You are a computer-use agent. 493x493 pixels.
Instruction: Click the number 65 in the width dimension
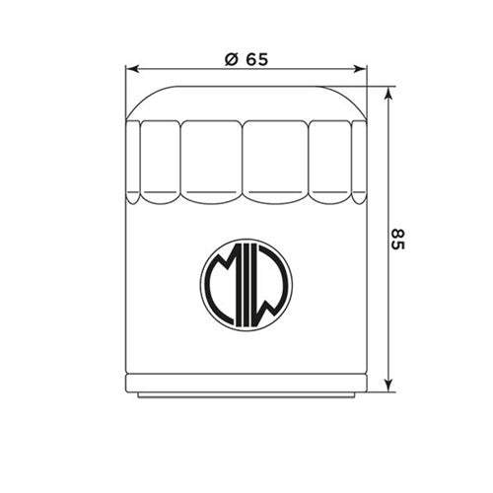point(256,58)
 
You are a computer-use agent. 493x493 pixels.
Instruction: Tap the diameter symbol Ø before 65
point(230,58)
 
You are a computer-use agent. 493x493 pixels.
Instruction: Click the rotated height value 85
point(397,239)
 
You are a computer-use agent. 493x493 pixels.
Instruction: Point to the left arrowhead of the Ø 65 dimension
point(132,70)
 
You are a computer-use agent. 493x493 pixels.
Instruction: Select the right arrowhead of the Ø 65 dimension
point(361,70)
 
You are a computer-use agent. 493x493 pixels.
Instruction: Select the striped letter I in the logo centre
point(246,287)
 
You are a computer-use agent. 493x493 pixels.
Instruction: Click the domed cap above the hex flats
point(246,102)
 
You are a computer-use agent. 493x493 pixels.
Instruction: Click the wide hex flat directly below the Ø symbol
point(211,158)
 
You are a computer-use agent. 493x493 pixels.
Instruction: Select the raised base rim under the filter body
point(246,386)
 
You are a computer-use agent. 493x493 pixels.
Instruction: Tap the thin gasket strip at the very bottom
point(246,395)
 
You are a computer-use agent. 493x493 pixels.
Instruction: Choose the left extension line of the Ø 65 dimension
point(127,89)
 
